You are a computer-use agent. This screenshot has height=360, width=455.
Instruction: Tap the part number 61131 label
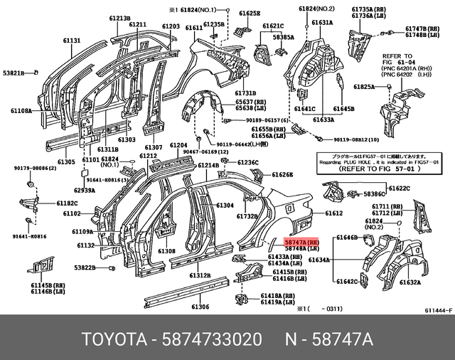click(73, 41)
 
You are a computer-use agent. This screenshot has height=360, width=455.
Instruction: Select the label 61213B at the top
click(119, 18)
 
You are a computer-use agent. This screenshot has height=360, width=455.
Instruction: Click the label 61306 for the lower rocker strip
click(200, 307)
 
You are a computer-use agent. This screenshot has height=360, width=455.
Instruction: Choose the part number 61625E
click(250, 14)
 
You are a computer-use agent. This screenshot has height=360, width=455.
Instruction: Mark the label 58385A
click(283, 36)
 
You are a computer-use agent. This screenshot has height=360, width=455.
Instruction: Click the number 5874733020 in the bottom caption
click(212, 337)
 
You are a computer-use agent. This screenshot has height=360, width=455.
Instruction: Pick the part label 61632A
click(410, 282)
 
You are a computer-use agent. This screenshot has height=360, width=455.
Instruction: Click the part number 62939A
click(84, 191)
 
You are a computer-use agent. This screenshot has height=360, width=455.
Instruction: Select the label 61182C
click(67, 203)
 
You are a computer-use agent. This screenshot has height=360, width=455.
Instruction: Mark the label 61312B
click(199, 275)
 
